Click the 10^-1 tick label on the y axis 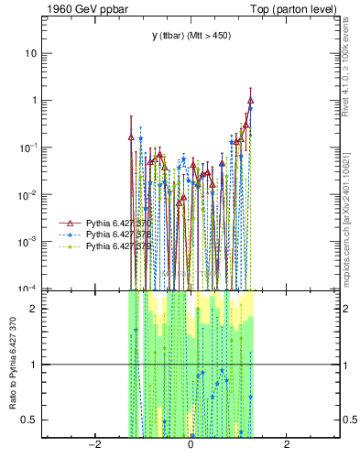click(27, 147)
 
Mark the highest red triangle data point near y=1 click(250, 101)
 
